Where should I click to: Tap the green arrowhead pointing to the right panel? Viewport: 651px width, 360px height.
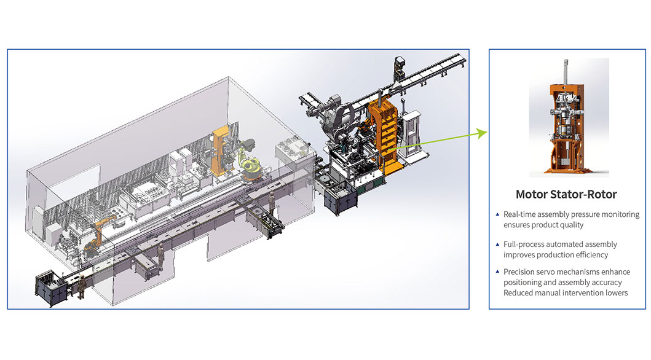pos(482,133)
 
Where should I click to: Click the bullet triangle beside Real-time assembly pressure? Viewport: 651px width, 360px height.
pos(497,214)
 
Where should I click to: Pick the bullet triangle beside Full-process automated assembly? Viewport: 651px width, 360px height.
pos(497,245)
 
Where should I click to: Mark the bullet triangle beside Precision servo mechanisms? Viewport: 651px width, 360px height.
pos(497,272)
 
